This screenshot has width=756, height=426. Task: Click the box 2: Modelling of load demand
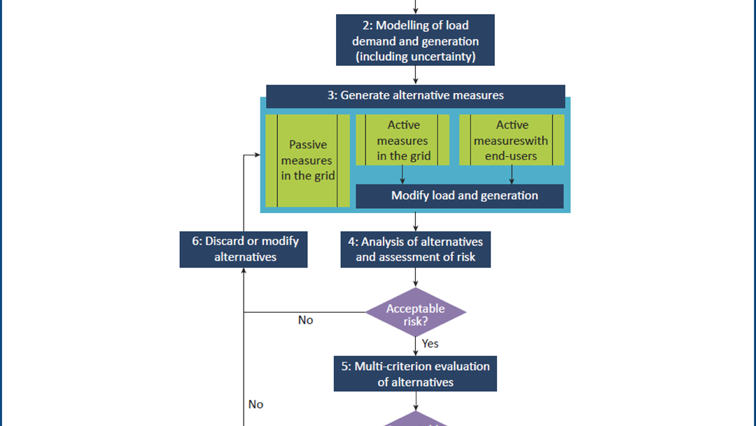click(x=416, y=41)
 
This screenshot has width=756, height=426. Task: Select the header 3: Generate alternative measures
click(x=415, y=95)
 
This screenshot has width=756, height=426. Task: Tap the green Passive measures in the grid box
click(x=308, y=160)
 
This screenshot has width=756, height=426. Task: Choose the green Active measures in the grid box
click(x=402, y=140)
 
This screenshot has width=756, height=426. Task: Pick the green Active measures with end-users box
click(x=512, y=140)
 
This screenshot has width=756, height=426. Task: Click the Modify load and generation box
click(x=460, y=195)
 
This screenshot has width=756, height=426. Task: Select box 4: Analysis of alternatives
click(x=415, y=249)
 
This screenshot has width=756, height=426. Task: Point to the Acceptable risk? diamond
click(x=415, y=312)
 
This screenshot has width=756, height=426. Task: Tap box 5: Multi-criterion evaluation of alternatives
click(x=415, y=374)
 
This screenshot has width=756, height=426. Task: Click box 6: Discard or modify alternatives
click(x=244, y=249)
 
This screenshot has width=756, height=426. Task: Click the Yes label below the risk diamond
click(x=430, y=343)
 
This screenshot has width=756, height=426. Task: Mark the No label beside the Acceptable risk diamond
click(x=305, y=320)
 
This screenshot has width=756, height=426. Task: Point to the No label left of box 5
click(x=255, y=404)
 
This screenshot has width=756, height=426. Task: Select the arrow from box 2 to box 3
click(x=416, y=75)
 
